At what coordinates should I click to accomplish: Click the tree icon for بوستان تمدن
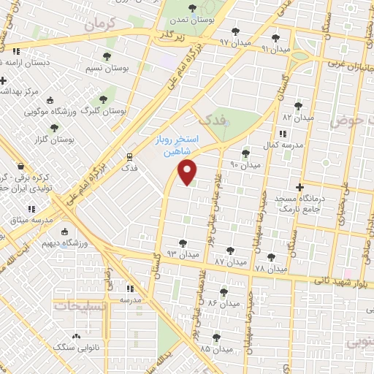[191, 8]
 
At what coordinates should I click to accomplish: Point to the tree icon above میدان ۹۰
[245, 153]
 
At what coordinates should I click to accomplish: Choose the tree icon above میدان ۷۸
[272, 256]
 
